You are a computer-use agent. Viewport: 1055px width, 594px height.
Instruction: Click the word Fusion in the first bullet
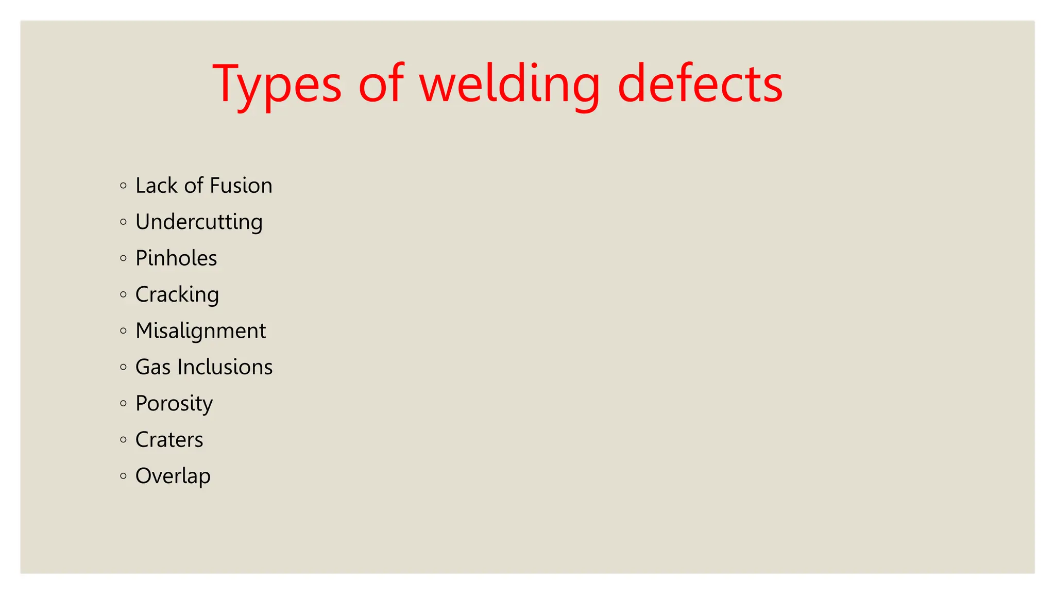click(241, 186)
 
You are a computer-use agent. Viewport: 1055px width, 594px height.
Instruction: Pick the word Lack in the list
click(156, 186)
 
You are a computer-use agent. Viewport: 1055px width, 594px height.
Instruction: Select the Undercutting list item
click(199, 222)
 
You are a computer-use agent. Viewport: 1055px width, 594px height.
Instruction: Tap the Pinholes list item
click(176, 258)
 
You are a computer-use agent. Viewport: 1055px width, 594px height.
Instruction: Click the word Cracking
click(177, 295)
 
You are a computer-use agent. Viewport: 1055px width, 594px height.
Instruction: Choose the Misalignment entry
click(201, 331)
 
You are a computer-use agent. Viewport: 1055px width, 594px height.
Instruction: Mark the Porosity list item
click(174, 404)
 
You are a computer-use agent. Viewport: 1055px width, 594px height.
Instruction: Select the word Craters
click(169, 440)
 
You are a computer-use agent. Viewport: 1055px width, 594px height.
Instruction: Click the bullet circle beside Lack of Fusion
click(123, 186)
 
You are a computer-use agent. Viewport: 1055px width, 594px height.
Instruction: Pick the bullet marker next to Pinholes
click(123, 258)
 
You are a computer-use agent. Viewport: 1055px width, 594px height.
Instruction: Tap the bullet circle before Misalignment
click(123, 331)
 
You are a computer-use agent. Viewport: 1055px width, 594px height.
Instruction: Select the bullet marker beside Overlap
click(123, 476)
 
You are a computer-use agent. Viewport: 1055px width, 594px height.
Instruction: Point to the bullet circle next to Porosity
click(123, 403)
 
